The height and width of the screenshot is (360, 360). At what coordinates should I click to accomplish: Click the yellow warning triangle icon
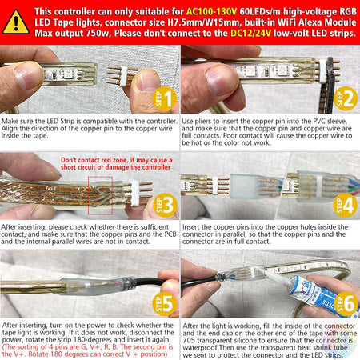pyautogui.click(x=16, y=22)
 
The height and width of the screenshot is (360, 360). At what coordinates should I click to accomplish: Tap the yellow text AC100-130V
pyautogui.click(x=211, y=12)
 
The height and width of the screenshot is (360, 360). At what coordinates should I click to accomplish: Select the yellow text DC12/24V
pyautogui.click(x=250, y=34)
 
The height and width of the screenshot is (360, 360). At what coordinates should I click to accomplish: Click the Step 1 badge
pyautogui.click(x=164, y=98)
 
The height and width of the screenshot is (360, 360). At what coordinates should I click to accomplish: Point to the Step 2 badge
pyautogui.click(x=346, y=98)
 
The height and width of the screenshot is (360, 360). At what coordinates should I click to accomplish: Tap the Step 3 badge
pyautogui.click(x=166, y=205)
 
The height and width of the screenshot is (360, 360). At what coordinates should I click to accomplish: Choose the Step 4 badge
pyautogui.click(x=346, y=205)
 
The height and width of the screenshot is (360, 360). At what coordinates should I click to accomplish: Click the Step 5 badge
pyautogui.click(x=164, y=303)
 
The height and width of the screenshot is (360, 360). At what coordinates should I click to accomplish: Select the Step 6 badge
pyautogui.click(x=346, y=303)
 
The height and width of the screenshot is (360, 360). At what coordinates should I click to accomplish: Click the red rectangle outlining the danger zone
pyautogui.click(x=88, y=195)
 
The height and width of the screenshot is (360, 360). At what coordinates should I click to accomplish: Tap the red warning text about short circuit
pyautogui.click(x=116, y=163)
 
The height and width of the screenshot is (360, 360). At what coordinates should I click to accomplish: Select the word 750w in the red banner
pyautogui.click(x=97, y=34)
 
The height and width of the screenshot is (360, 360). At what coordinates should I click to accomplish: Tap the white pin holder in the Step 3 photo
pyautogui.click(x=134, y=194)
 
